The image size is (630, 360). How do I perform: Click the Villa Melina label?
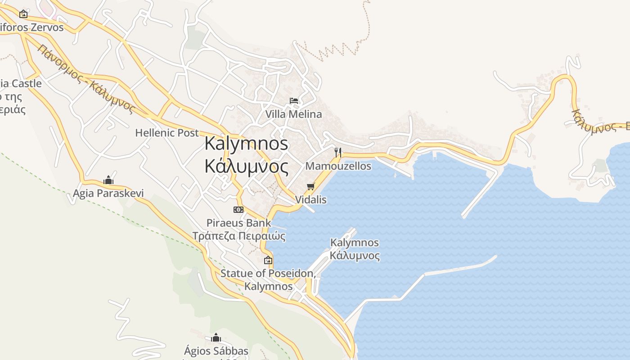coord(293,114)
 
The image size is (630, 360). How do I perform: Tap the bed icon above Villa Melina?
coord(294,101)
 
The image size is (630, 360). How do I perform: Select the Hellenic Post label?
coord(166,133)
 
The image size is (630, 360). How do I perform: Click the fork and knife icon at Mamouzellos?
coord(338,153)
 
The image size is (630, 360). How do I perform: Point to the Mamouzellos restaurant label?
coord(338,166)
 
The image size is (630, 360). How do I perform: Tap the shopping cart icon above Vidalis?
coord(310,186)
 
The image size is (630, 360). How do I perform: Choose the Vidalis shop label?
coord(310,199)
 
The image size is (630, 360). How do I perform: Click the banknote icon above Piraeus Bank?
coord(238,210)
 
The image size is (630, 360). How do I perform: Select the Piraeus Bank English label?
coord(238,223)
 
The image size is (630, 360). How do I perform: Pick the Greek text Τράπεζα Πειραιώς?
coord(239,236)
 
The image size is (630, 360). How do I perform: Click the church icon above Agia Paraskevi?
coord(108,180)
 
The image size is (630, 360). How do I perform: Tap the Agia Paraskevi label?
coord(108,193)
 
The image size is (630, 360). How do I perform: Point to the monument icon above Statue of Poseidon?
coord(268,260)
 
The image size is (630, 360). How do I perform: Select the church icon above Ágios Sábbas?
coord(216,337)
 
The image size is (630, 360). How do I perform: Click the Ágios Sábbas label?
coord(216,351)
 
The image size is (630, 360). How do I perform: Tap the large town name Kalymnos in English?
coord(246,144)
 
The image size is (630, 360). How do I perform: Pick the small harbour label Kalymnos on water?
coord(355,243)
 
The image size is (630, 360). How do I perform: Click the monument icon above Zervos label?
coord(23,14)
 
